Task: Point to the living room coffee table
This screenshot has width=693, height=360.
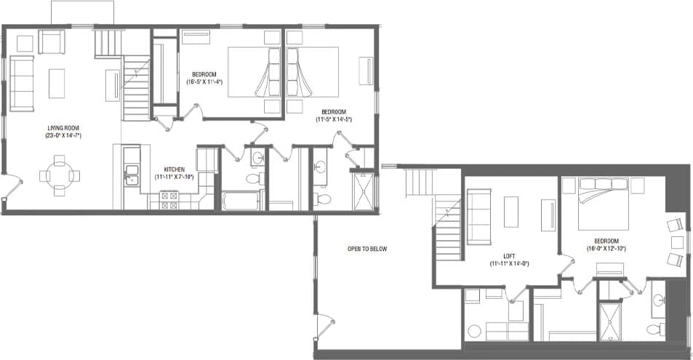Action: [57, 84]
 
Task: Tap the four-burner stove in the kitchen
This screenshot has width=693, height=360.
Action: [169, 200]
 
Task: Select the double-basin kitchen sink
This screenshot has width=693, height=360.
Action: [131, 174]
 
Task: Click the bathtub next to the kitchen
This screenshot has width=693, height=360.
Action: [241, 201]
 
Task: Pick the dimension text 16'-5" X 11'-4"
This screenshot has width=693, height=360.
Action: [207, 82]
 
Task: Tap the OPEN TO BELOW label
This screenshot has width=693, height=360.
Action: [367, 249]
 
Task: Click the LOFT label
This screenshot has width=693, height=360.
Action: [509, 256]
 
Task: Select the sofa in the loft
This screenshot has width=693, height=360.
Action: [479, 215]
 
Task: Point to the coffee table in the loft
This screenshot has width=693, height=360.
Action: [511, 213]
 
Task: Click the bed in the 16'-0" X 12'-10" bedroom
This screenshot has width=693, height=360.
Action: [604, 204]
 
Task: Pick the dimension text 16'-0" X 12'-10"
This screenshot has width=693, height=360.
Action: [606, 248]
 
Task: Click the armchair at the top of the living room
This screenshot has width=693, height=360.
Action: [52, 41]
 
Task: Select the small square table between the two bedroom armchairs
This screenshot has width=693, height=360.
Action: [678, 241]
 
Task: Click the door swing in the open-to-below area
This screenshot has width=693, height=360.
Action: [326, 325]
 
